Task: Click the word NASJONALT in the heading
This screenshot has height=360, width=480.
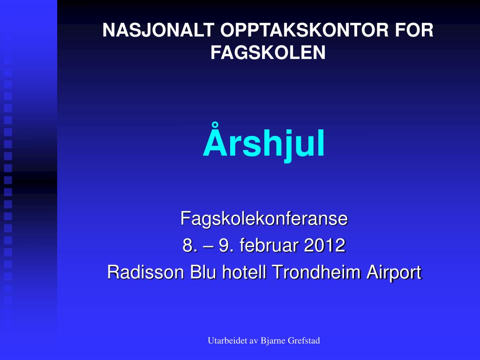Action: (158, 30)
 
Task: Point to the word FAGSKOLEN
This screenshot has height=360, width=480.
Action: (268, 52)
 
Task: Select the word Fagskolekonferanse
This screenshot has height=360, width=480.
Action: (264, 218)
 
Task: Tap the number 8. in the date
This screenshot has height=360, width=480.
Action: (188, 245)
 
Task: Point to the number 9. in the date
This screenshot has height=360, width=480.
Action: (225, 245)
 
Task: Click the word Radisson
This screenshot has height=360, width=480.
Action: (145, 272)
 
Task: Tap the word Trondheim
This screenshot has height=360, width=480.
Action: (316, 272)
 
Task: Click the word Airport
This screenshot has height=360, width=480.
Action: (394, 272)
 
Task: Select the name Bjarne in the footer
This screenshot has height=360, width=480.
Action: (273, 341)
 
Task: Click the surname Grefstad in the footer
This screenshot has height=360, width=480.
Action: (304, 340)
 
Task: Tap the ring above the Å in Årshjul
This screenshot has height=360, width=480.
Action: (216, 126)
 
